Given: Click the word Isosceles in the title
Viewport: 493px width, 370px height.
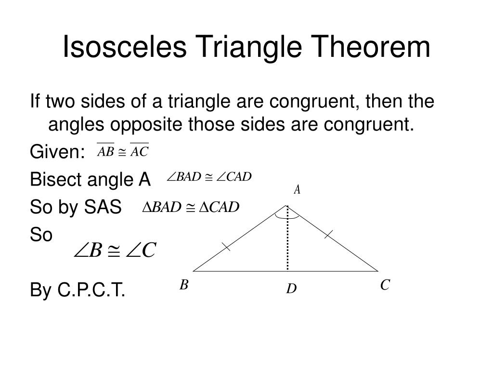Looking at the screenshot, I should [123, 47].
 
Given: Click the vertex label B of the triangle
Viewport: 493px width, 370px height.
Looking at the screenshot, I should [183, 285].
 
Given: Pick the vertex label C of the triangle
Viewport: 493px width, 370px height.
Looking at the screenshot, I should [384, 285].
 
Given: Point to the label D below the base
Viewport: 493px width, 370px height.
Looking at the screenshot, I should [291, 289].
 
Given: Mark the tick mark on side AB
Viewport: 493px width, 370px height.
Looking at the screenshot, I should [225, 247].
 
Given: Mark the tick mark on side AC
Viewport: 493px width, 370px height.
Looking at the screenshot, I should [328, 235].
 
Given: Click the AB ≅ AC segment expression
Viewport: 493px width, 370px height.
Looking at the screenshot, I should [123, 152].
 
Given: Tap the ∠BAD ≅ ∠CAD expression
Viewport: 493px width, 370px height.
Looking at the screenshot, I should [209, 177].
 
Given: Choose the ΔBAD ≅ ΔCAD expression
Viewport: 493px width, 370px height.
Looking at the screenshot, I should [191, 207].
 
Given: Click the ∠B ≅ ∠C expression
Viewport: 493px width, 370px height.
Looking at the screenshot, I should [115, 250].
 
